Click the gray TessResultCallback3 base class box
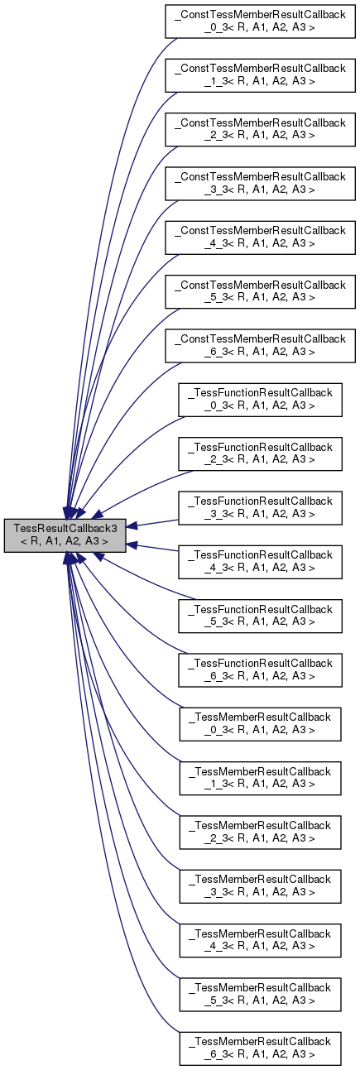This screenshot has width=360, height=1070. [65, 535]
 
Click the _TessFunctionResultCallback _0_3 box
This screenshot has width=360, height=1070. [261, 399]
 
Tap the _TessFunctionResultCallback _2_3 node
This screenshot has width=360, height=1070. [261, 453]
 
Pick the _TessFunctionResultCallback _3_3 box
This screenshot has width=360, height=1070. [261, 506]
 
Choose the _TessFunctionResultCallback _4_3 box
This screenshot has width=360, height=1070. [261, 560]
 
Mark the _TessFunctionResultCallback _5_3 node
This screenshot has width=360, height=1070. [261, 614]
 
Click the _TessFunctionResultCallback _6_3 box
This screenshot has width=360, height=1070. [261, 668]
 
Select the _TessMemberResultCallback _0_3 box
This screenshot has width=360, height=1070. [261, 722]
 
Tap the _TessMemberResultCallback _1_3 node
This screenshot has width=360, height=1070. [261, 775]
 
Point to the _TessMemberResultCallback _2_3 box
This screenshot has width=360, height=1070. [261, 829]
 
